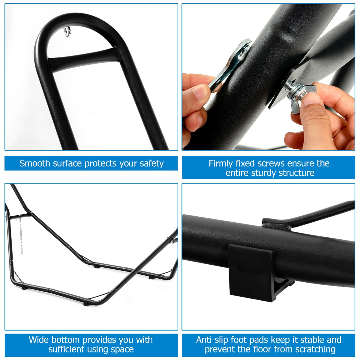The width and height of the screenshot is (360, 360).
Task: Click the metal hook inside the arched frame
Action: [x=67, y=31]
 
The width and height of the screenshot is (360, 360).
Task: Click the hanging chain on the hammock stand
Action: [x=21, y=235]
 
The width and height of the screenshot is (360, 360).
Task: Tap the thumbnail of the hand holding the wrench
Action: [x=200, y=92]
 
